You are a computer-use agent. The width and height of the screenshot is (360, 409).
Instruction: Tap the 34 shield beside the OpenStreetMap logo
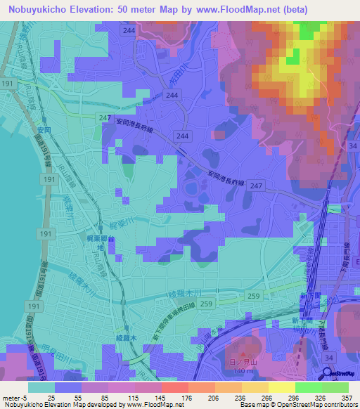328,358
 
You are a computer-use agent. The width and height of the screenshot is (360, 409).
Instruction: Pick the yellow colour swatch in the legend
282,387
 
